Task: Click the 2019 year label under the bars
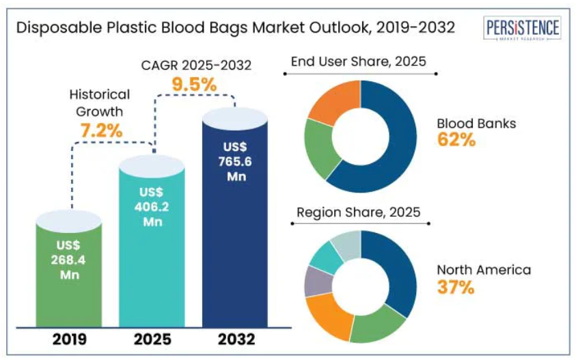pos(68,339)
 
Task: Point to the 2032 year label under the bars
pos(236,339)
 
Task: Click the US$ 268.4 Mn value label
pos(69,260)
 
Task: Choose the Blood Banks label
pos(476,124)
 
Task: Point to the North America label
pos(484,270)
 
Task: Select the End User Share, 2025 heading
pos(358,61)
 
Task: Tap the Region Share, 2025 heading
pos(358,212)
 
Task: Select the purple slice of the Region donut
pos(315,281)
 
